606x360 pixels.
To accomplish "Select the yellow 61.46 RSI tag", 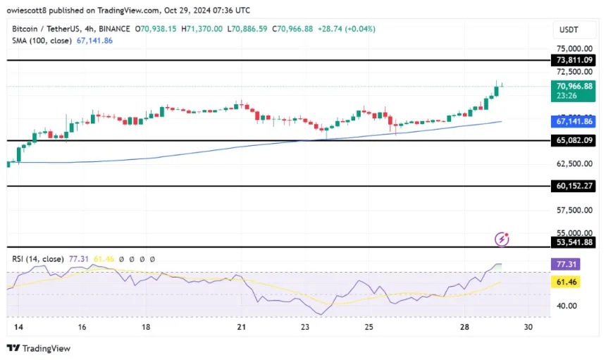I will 567,282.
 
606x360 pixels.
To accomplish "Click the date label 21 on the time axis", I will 242,328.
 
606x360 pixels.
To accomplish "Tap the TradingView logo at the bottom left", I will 39,348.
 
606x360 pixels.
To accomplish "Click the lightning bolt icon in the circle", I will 502,240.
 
